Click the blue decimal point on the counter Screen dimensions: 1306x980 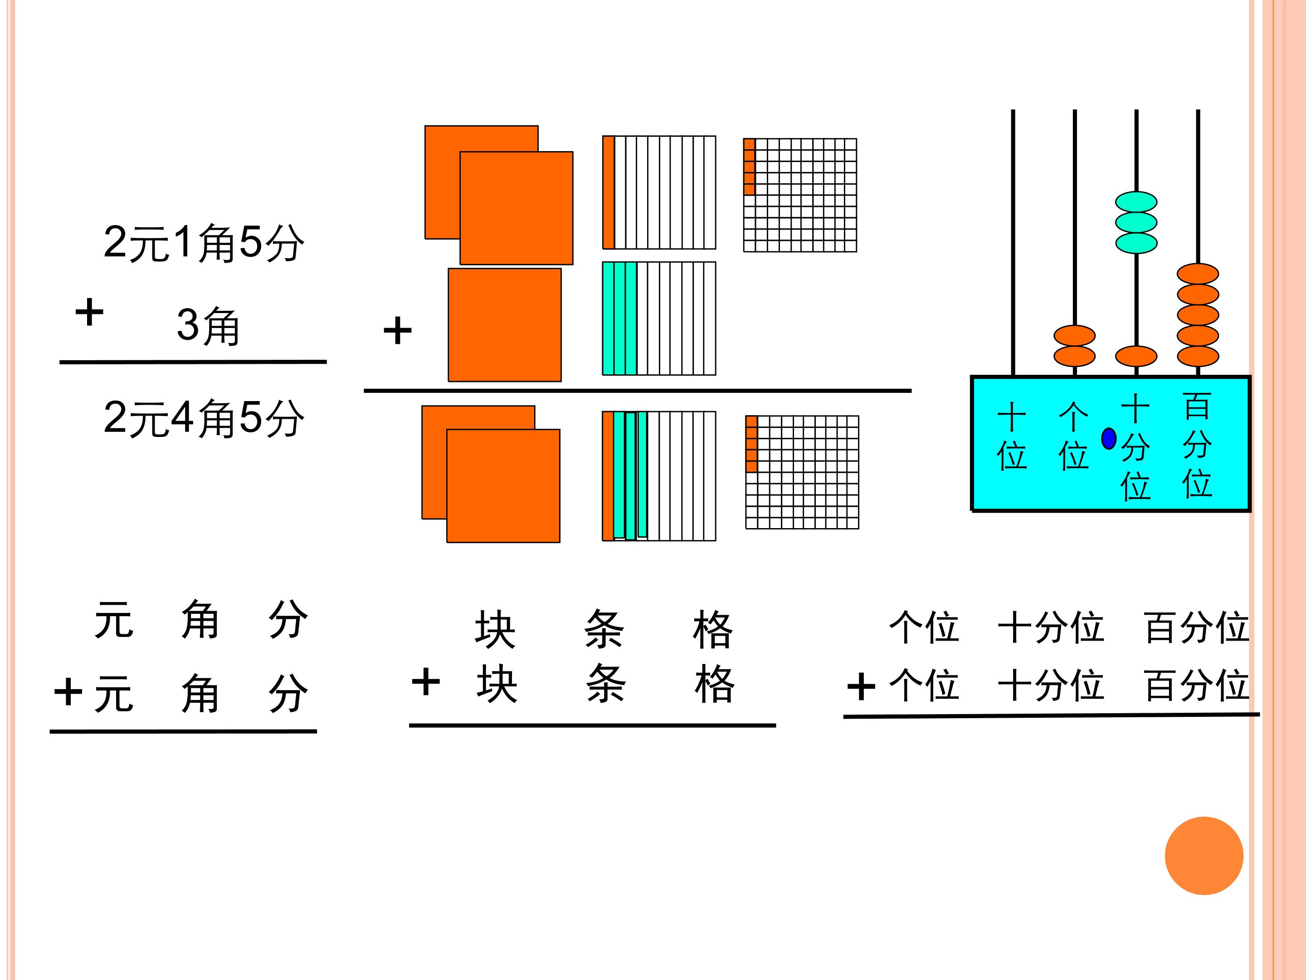(1109, 438)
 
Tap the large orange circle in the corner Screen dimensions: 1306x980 (1204, 856)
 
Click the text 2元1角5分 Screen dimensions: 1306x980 (204, 243)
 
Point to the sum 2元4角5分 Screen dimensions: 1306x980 (204, 418)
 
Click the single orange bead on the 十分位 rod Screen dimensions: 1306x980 (1136, 356)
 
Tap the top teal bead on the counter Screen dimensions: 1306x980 (1136, 202)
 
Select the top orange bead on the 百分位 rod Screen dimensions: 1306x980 (1198, 274)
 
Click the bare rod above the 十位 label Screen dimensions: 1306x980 (1013, 243)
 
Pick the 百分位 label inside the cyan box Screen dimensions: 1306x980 (1197, 445)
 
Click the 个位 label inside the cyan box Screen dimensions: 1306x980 (1073, 436)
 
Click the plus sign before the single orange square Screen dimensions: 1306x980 (397, 330)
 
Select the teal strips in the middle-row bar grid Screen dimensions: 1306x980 (619, 318)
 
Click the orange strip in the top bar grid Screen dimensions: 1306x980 (608, 192)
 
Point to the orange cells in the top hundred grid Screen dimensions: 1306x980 (749, 167)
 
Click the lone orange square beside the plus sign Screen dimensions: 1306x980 (505, 325)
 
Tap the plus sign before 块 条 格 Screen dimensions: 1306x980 (426, 681)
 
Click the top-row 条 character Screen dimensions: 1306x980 (604, 630)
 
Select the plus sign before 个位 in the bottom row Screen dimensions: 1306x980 (861, 687)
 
